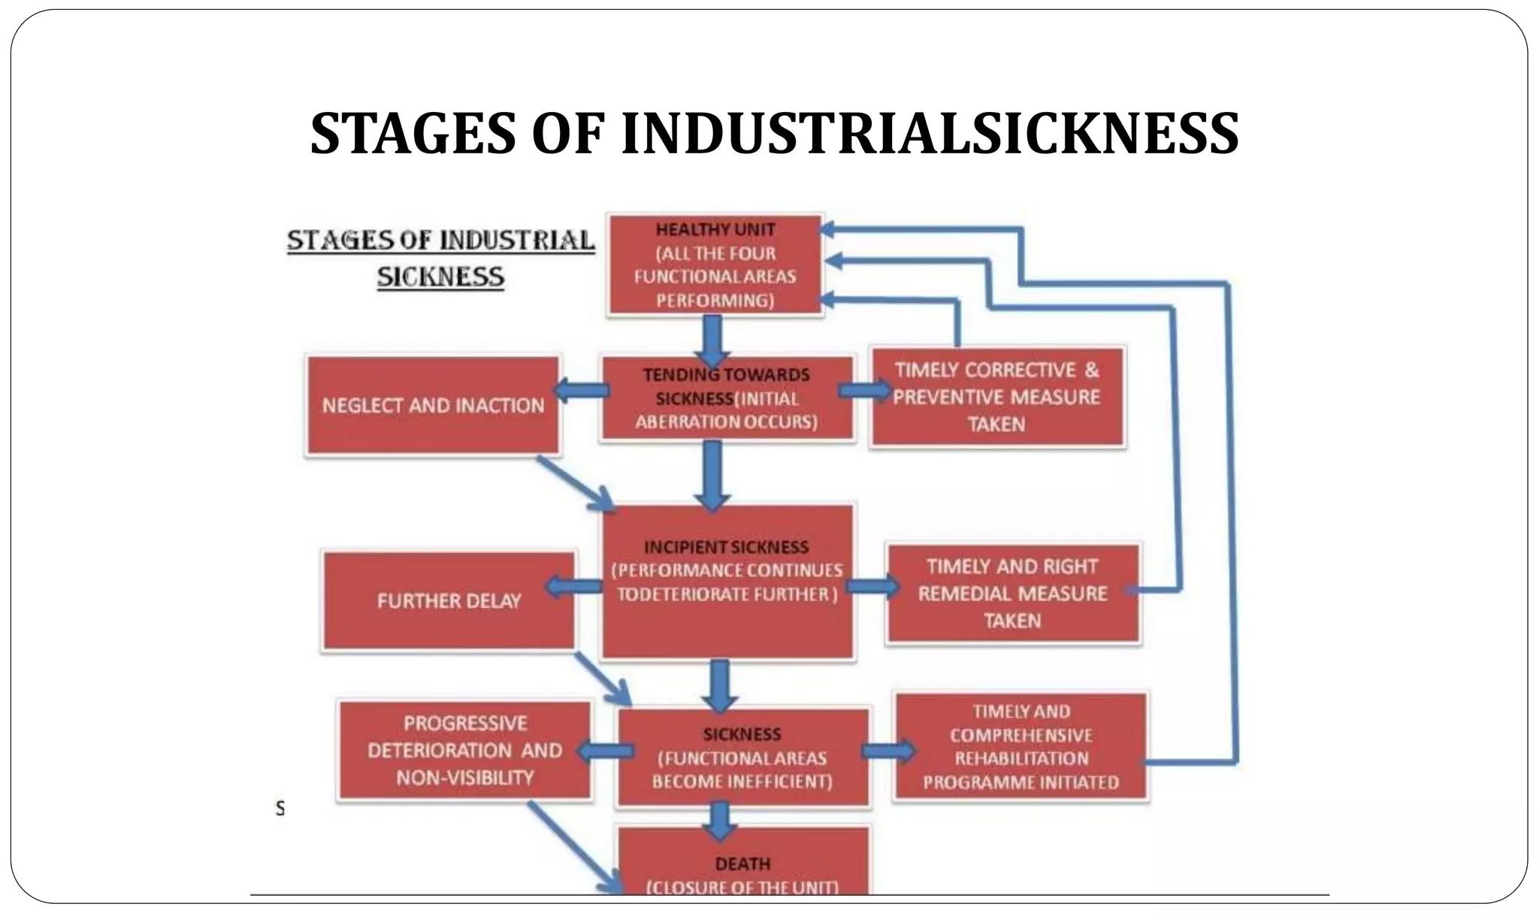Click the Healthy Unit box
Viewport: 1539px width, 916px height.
click(715, 265)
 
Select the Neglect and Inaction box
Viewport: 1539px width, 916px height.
click(433, 406)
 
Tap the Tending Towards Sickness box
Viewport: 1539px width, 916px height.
click(727, 398)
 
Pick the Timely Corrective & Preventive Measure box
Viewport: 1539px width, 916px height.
click(997, 397)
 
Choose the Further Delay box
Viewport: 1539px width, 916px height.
click(449, 601)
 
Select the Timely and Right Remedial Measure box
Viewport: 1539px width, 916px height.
click(1012, 593)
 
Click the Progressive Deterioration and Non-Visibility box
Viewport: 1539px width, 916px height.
click(464, 750)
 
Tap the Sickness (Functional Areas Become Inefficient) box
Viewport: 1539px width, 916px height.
click(742, 757)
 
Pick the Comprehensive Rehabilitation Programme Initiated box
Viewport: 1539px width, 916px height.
click(1020, 747)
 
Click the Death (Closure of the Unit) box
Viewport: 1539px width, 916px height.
click(742, 864)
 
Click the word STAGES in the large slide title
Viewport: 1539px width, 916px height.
click(413, 134)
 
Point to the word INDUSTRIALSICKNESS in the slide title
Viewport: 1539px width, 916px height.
click(930, 134)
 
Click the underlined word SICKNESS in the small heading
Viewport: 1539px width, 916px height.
click(440, 277)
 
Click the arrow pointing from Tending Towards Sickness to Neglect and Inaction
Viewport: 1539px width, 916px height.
click(581, 391)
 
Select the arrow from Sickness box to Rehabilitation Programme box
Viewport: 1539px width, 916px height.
click(889, 751)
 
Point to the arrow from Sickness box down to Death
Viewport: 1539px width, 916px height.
click(720, 820)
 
